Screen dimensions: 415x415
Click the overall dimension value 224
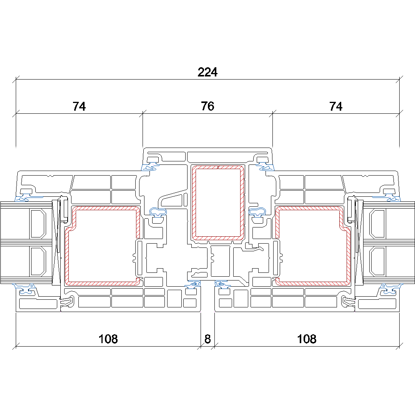pyautogui.click(x=207, y=72)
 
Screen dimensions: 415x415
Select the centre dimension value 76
pyautogui.click(x=207, y=106)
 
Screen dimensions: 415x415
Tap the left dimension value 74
pyautogui.click(x=79, y=106)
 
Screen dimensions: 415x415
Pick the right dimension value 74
pyautogui.click(x=336, y=106)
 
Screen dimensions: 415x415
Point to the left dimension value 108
pyautogui.click(x=108, y=339)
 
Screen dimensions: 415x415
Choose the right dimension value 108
pyautogui.click(x=307, y=339)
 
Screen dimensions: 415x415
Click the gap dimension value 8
pyautogui.click(x=207, y=339)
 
